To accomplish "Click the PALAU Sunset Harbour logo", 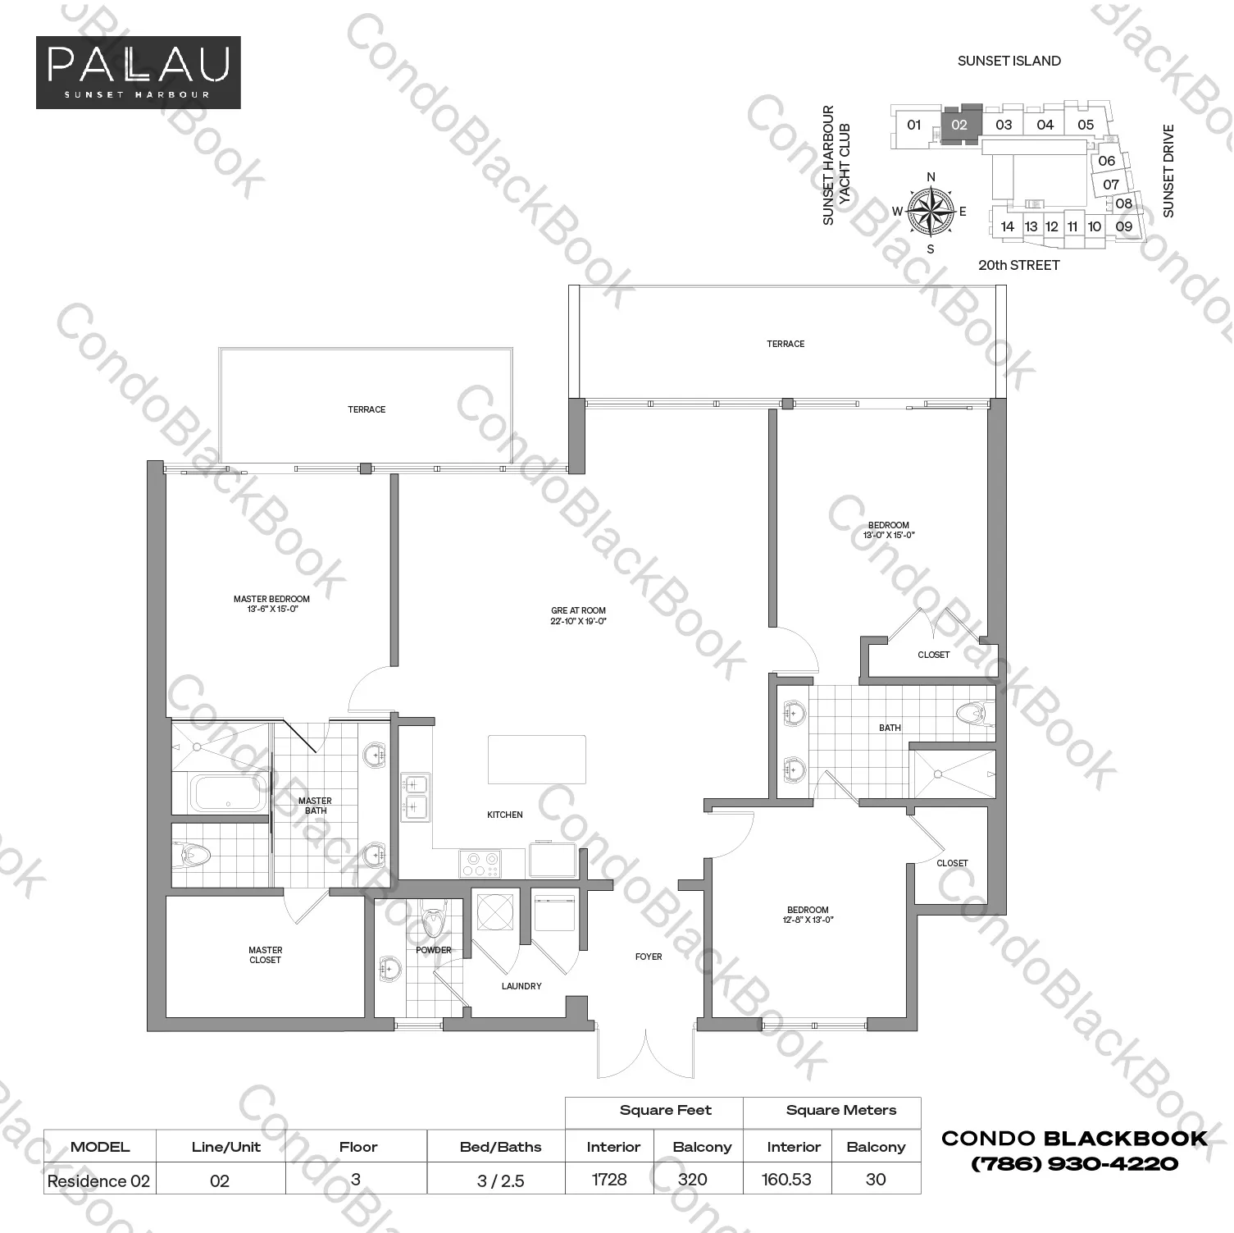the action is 138,72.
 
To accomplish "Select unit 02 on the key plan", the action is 960,126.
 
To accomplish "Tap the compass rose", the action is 931,211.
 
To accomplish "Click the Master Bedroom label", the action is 271,604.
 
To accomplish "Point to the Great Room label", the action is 578,615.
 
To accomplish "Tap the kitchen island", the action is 537,760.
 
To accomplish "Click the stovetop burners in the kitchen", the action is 480,862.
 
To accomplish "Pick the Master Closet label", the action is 265,955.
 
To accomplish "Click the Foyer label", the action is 649,957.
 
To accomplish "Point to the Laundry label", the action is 521,986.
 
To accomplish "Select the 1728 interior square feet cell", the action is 609,1179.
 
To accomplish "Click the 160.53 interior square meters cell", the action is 787,1179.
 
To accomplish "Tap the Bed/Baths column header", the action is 500,1147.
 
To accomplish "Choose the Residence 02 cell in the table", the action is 99,1180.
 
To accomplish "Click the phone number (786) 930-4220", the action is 1074,1163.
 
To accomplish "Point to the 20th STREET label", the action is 1018,265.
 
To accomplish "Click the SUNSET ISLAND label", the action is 1009,61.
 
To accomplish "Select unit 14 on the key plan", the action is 1008,226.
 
